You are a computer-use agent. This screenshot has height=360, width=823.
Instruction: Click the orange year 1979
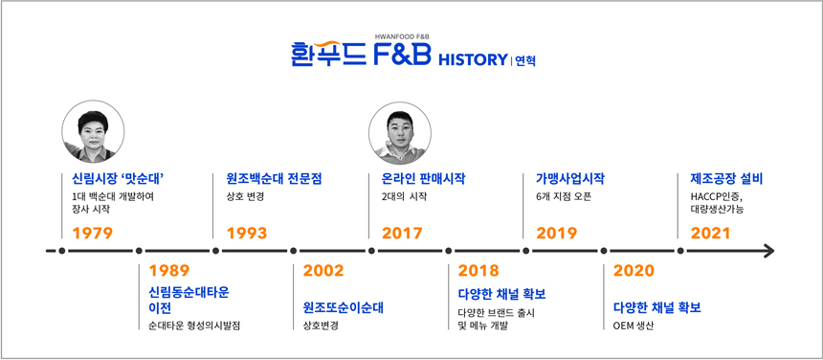[x=93, y=233]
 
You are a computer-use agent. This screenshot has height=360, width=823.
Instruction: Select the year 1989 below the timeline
[x=169, y=271]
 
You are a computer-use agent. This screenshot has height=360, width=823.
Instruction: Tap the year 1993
[x=247, y=233]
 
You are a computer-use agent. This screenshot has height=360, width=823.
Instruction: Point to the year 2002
[x=323, y=271]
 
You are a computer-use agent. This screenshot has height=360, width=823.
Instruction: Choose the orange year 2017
[x=402, y=233]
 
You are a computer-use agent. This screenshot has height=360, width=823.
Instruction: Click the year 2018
[x=478, y=271]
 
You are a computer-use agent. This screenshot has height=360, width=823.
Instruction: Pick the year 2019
[x=556, y=233]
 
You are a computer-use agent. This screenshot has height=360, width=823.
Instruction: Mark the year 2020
[x=634, y=271]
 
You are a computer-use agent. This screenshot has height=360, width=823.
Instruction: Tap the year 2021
[x=710, y=233]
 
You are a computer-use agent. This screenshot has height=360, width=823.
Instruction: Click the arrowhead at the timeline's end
[x=768, y=251]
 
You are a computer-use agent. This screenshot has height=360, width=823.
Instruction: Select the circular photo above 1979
[x=93, y=131]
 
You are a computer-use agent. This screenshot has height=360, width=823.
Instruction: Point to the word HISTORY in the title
[x=472, y=59]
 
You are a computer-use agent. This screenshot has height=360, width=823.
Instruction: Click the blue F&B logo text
[x=402, y=55]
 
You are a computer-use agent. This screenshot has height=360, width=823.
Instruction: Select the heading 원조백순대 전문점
[x=274, y=179]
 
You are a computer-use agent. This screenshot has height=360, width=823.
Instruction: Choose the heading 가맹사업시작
[x=570, y=179]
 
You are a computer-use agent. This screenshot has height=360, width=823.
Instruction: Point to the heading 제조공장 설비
[x=726, y=179]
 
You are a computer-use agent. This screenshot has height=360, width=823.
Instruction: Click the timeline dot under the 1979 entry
[x=62, y=251]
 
